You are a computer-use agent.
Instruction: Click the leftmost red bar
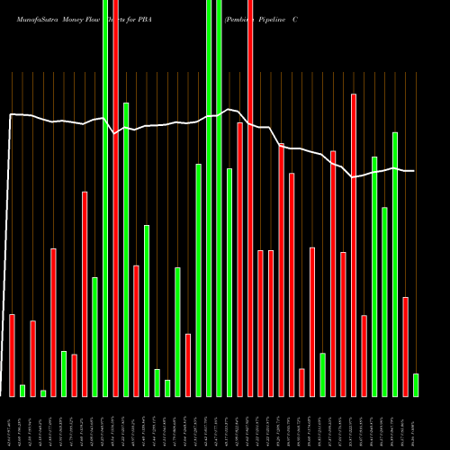point(13,355)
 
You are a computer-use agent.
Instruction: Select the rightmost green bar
point(416,384)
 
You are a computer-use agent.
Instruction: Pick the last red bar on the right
point(406,346)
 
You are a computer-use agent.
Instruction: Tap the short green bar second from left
point(22,390)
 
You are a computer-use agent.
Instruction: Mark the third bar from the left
point(33,358)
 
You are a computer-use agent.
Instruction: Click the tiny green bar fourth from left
point(43,392)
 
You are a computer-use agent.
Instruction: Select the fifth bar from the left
point(54,321)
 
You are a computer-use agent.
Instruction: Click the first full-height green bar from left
point(105,198)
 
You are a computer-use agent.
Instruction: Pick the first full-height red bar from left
point(116,198)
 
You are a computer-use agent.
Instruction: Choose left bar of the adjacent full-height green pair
point(209,198)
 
